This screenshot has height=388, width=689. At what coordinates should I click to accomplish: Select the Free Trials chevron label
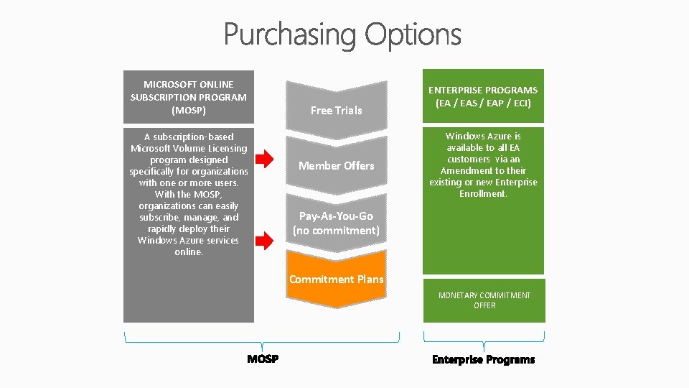pos(336,110)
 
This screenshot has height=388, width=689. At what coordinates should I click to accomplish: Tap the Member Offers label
pos(336,165)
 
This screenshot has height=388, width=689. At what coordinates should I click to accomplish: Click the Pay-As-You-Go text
pos(336,216)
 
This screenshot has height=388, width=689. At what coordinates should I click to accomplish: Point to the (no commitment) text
pos(336,231)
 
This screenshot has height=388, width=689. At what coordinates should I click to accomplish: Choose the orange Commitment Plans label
pos(336,279)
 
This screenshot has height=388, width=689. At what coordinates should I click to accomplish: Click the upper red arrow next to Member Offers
pos(266,157)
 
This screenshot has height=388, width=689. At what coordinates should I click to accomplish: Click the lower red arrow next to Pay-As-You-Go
pos(266,241)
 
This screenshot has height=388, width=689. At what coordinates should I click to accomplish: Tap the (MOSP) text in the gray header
pos(189,110)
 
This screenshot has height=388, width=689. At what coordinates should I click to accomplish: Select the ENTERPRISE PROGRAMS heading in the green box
pos(483,90)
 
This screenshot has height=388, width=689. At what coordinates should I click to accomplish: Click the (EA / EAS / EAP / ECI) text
pos(483,103)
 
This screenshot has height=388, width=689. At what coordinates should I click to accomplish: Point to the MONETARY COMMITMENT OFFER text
pos(484,300)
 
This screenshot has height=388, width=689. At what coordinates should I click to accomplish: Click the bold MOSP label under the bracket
pos(263,359)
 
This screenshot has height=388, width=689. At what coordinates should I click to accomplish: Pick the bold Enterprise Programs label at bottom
pos(483,359)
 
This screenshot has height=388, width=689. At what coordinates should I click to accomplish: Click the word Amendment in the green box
pos(464,170)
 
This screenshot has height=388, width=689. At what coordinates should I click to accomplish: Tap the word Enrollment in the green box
pos(482,194)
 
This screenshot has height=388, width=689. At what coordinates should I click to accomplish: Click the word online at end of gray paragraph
pos(189,251)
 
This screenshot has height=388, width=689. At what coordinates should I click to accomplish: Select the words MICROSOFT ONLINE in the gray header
pos(189,84)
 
